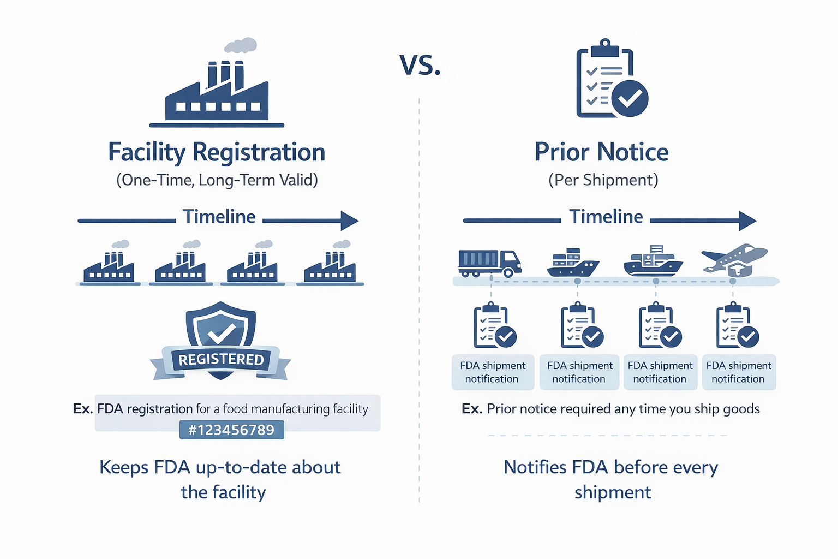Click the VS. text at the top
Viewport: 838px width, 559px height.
pos(420,66)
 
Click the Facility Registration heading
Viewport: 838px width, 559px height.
pos(217,152)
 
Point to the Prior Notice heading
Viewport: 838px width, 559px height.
pos(601,152)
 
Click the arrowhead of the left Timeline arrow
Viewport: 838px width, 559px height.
pos(349,221)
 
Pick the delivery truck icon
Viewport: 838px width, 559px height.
pos(489,263)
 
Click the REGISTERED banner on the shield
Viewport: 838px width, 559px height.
pos(221,360)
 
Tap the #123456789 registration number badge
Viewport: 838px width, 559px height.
pos(231,430)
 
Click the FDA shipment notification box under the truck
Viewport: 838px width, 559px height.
pos(493,372)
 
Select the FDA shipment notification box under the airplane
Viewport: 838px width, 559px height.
pos(739,372)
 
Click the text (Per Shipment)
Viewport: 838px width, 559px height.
pos(603,180)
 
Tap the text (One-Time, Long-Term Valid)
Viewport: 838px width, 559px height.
pos(217,180)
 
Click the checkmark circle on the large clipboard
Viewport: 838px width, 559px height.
pos(630,98)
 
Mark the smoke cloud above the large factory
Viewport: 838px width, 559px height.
pos(241,45)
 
